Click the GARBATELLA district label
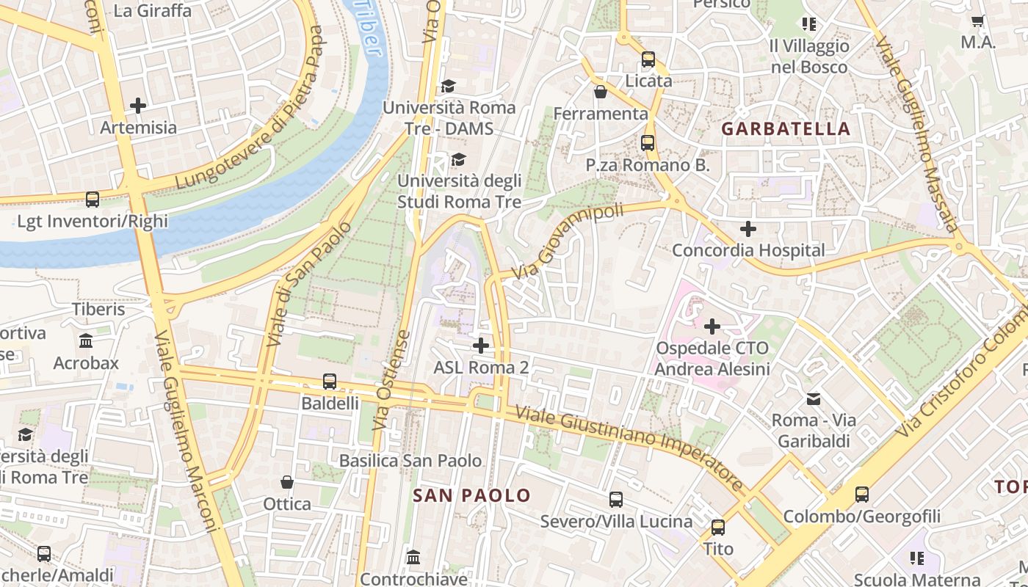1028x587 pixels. (x=786, y=129)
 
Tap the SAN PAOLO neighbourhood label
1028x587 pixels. (x=471, y=495)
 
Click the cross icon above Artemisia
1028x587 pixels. (x=138, y=106)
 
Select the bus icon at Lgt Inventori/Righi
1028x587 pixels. (x=93, y=199)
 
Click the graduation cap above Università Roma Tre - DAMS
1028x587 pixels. (x=448, y=86)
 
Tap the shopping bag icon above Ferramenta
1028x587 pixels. (x=601, y=92)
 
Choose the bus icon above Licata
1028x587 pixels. (x=648, y=59)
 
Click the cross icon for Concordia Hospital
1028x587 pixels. (x=748, y=229)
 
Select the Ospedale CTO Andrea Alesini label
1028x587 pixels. (x=712, y=358)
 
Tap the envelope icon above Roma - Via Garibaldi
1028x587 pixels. (x=814, y=399)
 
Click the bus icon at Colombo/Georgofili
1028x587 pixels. (x=862, y=495)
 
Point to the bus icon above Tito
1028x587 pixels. (x=718, y=527)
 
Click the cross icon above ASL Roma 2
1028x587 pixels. (x=481, y=345)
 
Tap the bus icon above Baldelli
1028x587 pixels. (x=330, y=382)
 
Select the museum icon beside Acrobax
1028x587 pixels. (x=86, y=341)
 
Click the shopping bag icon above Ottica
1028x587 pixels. (x=287, y=482)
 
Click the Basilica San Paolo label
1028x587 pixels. (x=410, y=461)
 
